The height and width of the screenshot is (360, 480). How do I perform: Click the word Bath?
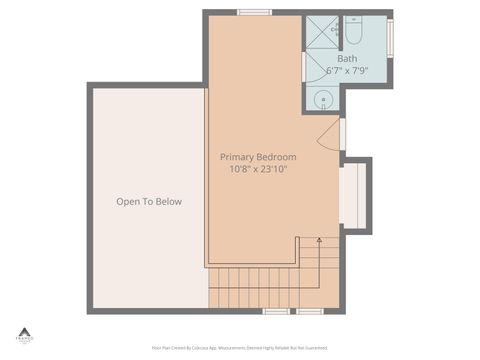pyautogui.click(x=347, y=59)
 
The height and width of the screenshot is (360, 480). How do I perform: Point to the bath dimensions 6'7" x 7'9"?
pyautogui.click(x=347, y=71)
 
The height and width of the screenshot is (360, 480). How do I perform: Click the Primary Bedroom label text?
pyautogui.click(x=258, y=157)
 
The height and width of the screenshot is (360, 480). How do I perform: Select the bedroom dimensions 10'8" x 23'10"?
pyautogui.click(x=258, y=169)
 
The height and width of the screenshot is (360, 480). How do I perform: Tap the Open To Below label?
pyautogui.click(x=149, y=202)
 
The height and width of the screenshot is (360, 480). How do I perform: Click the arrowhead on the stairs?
pyautogui.click(x=319, y=240)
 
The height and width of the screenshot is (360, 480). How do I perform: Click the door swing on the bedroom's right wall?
pyautogui.click(x=331, y=139)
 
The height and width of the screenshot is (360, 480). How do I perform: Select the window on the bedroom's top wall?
pyautogui.click(x=254, y=12)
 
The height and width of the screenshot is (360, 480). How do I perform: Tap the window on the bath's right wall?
pyautogui.click(x=390, y=33)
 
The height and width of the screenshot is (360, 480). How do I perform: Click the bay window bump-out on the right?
pyautogui.click(x=353, y=195)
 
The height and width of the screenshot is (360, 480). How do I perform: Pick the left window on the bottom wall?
pyautogui.click(x=276, y=311)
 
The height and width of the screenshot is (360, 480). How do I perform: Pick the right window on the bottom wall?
pyautogui.click(x=310, y=311)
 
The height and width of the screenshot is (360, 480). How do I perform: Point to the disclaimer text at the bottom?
pyautogui.click(x=239, y=348)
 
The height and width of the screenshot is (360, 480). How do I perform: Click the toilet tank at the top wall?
pyautogui.click(x=354, y=20)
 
